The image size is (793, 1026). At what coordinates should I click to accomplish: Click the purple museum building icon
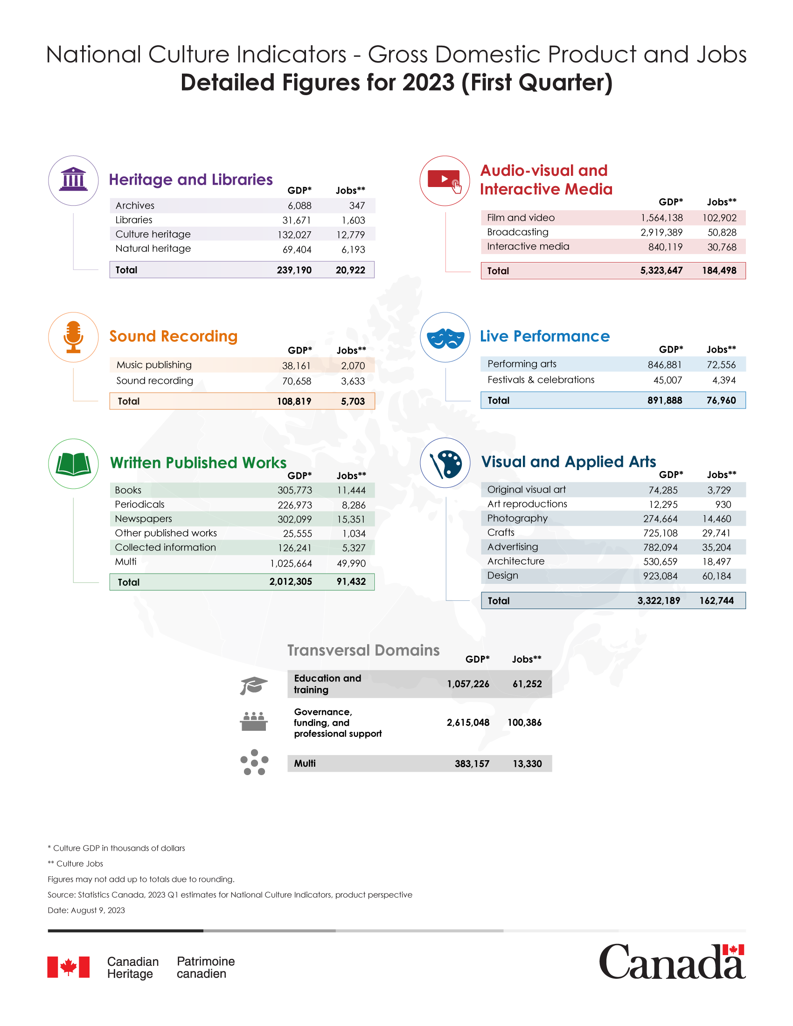(x=73, y=180)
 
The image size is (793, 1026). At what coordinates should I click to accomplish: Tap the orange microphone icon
(x=73, y=337)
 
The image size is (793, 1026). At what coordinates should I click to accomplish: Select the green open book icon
(x=73, y=464)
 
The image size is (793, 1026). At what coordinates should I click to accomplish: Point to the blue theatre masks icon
(x=445, y=337)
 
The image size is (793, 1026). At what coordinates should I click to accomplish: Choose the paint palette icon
(x=445, y=463)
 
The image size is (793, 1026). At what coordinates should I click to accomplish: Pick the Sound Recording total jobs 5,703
(x=353, y=401)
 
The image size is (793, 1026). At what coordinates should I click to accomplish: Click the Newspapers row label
(x=143, y=519)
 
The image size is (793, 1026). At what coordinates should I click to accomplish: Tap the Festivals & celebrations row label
(x=541, y=380)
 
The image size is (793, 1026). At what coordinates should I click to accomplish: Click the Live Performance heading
(x=544, y=336)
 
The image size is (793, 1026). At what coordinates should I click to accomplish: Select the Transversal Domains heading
(x=363, y=650)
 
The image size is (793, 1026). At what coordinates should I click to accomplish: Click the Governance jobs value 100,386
(x=524, y=722)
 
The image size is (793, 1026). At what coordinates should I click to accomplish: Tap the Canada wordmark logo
(x=672, y=962)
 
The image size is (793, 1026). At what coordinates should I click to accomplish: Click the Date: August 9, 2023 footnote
(x=86, y=910)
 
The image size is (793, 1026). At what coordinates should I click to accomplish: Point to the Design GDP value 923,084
(x=660, y=576)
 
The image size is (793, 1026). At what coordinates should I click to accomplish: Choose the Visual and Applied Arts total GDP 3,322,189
(x=658, y=600)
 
